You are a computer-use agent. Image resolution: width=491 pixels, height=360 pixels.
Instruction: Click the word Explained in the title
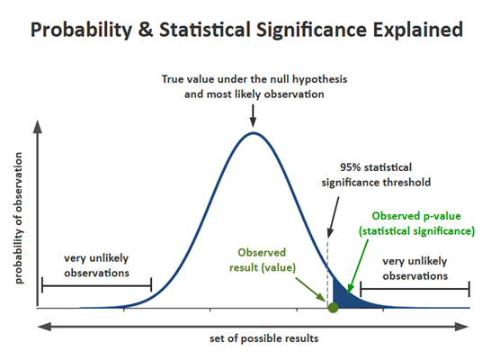[416, 30]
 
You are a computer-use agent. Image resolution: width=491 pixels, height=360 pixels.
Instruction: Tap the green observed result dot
[333, 308]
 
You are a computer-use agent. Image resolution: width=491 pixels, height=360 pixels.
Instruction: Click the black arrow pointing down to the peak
[254, 114]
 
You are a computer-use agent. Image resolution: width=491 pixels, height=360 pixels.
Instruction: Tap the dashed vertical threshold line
[329, 261]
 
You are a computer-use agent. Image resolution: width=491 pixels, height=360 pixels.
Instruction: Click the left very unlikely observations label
[96, 265]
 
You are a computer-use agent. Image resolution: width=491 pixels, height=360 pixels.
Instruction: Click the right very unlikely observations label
[415, 268]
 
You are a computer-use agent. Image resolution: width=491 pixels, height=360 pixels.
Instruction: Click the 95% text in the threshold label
[352, 166]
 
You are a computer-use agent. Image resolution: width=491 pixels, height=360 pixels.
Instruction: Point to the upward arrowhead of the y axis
[37, 123]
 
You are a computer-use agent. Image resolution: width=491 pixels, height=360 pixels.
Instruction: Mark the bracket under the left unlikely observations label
[96, 287]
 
